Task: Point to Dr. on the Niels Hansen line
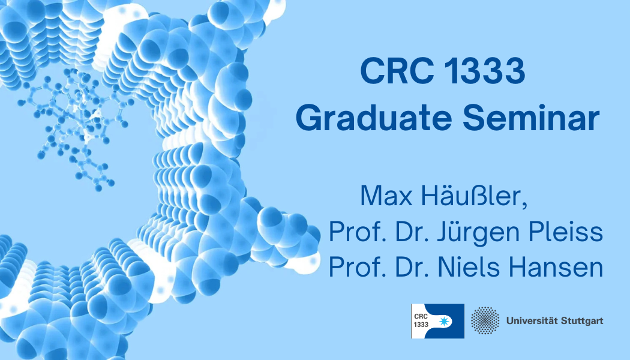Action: tap(415, 266)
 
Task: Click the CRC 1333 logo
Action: tap(437, 321)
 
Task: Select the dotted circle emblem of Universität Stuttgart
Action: tap(485, 320)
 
